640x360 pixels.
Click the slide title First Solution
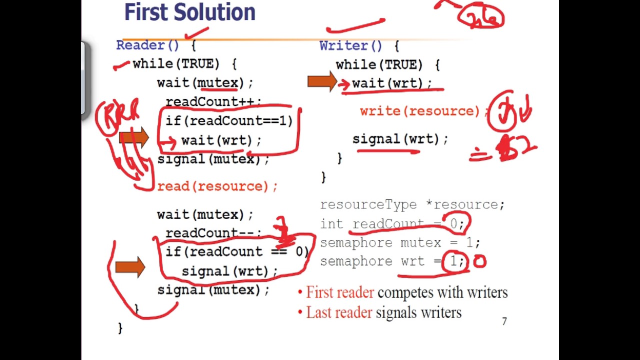[x=189, y=12]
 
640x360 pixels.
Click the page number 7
[x=504, y=321]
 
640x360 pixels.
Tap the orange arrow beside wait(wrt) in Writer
[x=321, y=82]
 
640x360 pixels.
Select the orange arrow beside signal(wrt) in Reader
[x=130, y=267]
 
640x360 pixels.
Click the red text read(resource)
[x=217, y=186]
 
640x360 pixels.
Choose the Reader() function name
[x=147, y=45]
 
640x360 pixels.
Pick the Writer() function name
[x=351, y=46]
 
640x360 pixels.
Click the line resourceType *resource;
[x=412, y=205]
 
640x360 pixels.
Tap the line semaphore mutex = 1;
[x=400, y=243]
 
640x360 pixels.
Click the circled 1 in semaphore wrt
[x=453, y=261]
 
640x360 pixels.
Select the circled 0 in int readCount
[x=453, y=223]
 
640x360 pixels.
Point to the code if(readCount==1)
[x=229, y=121]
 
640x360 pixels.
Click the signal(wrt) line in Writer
[x=400, y=139]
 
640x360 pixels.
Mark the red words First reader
[x=340, y=292]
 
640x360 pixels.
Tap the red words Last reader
[x=339, y=313]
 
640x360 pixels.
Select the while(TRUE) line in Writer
[x=387, y=65]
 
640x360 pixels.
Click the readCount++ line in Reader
[x=213, y=102]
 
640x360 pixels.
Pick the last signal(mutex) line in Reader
[x=213, y=290]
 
